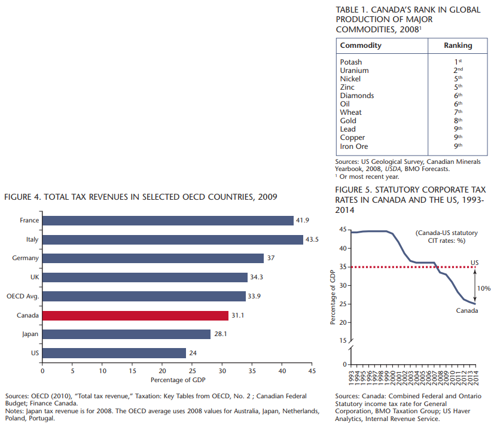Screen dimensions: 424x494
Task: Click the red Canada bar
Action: (135, 315)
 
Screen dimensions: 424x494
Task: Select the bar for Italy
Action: (173, 239)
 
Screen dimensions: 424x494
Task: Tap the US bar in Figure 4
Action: (114, 353)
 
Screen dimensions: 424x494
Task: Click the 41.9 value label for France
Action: (303, 221)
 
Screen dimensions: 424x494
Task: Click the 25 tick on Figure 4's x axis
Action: (192, 371)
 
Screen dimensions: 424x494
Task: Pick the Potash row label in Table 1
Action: (351, 62)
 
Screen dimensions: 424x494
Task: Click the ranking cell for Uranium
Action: (458, 71)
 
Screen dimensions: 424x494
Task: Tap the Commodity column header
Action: (361, 45)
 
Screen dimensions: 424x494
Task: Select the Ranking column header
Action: (458, 45)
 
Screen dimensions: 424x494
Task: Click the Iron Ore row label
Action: (354, 147)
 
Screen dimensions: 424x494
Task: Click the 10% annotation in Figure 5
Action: (483, 288)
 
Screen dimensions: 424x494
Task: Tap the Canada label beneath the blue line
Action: (467, 310)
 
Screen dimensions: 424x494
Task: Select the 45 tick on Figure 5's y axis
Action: (343, 230)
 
